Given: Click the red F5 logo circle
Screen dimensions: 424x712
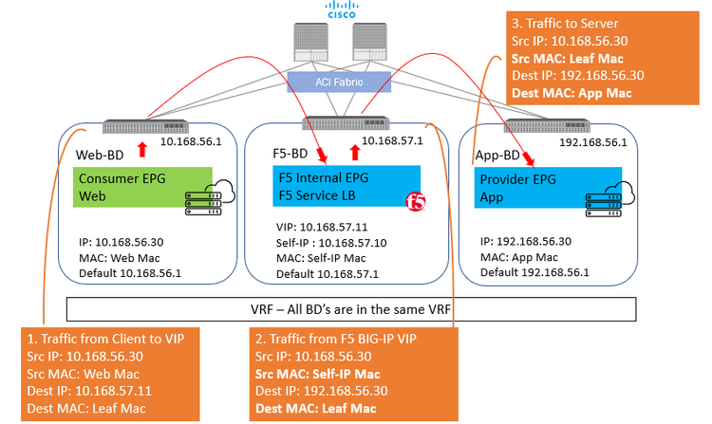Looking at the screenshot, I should pos(415,201).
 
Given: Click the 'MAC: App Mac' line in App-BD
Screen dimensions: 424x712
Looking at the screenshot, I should pos(520,256).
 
